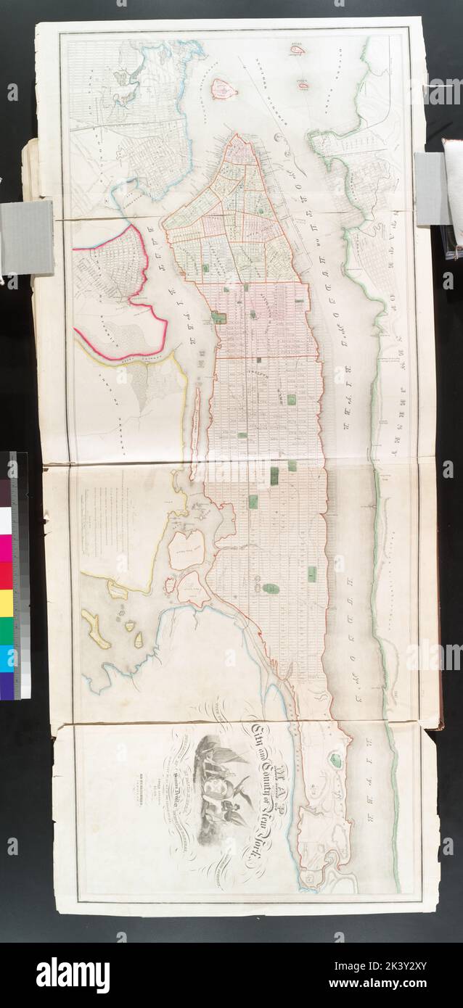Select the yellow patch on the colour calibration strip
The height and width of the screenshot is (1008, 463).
tap(6, 603)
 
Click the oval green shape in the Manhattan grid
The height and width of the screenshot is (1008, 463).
tap(271, 588)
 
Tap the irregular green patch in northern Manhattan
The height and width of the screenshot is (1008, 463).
tap(335, 759)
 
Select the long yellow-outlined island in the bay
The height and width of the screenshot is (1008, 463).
tap(97, 629)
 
